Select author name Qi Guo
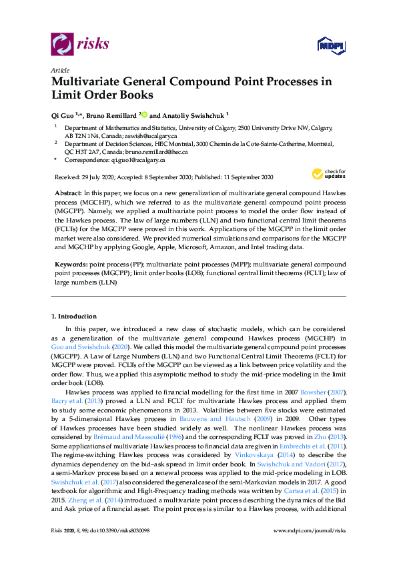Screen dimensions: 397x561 pyautogui.click(x=64, y=115)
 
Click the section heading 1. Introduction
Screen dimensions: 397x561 pyautogui.click(x=74, y=316)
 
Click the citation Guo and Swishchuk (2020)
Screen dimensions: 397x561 pyautogui.click(x=82, y=348)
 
